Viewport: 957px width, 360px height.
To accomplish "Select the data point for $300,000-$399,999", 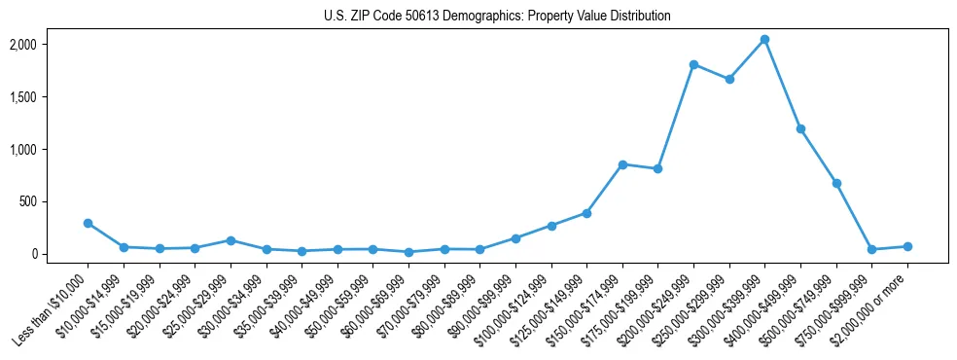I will [x=764, y=39].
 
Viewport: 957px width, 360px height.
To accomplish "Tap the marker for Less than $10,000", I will [x=88, y=223].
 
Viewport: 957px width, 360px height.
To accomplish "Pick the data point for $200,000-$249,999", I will [x=693, y=64].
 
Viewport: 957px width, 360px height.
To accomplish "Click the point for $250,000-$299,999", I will [x=729, y=79].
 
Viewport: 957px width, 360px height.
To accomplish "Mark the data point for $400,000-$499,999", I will [x=800, y=128].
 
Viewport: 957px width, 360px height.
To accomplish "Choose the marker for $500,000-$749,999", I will [x=836, y=183].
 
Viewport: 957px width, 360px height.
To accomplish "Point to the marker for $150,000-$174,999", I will [x=622, y=164].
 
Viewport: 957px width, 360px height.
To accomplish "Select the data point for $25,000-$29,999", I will [x=230, y=240].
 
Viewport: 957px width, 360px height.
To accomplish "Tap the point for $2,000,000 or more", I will [x=907, y=246].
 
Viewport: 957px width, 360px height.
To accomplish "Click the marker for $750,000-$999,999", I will [x=871, y=250].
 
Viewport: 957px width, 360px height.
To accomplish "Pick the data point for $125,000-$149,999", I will [x=586, y=213].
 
